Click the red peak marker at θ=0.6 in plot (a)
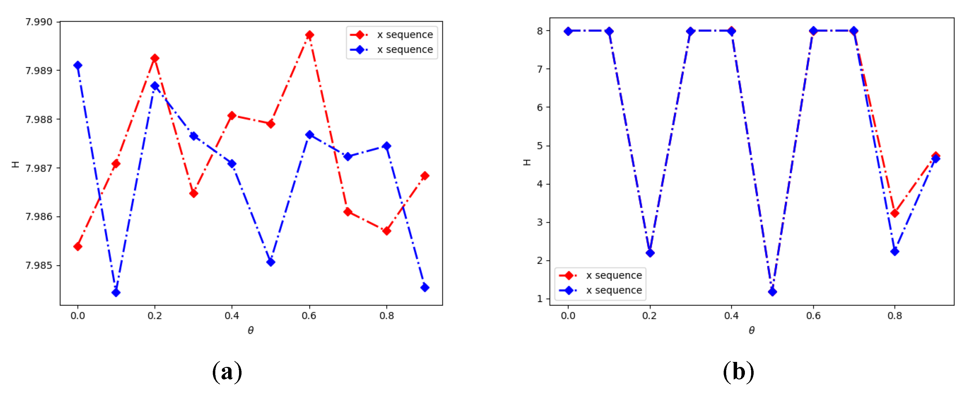coord(309,35)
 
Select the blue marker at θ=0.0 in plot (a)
coord(78,65)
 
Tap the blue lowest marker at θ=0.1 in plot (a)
coord(116,292)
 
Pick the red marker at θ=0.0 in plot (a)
coord(78,246)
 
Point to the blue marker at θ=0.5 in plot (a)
coord(271,262)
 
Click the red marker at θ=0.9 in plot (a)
coord(425,175)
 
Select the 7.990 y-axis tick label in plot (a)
coord(39,22)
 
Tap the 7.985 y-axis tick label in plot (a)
coord(39,265)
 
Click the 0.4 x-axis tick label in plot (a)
coord(232,316)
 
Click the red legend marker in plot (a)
coord(359,35)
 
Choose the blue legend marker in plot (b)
coord(569,290)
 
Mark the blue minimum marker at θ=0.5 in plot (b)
coord(772,292)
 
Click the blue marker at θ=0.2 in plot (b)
coord(650,253)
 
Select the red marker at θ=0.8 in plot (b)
coord(894,213)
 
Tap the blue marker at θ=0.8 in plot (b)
coord(894,251)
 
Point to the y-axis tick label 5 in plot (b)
coord(540,145)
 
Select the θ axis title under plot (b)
coord(751,330)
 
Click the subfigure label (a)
coord(227,372)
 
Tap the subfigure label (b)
coord(738,372)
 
